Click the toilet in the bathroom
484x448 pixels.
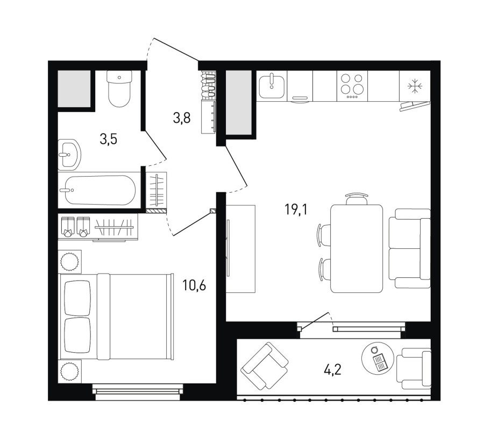point(119,88)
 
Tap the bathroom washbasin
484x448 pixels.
point(69,155)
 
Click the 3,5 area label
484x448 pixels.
point(108,139)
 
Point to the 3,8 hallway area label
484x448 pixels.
point(182,118)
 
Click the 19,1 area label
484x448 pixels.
point(296,210)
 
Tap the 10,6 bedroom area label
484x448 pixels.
point(194,285)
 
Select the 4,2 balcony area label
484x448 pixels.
point(332,369)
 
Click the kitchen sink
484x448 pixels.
point(272,86)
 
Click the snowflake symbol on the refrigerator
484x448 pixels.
point(414,86)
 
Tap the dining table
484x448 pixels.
point(357,248)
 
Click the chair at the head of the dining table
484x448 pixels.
point(357,199)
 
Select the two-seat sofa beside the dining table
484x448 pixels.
point(409,248)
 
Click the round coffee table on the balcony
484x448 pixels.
point(378,359)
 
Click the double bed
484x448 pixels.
point(116,317)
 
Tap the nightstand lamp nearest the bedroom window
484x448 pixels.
point(70,372)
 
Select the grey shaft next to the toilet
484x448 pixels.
point(74,89)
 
